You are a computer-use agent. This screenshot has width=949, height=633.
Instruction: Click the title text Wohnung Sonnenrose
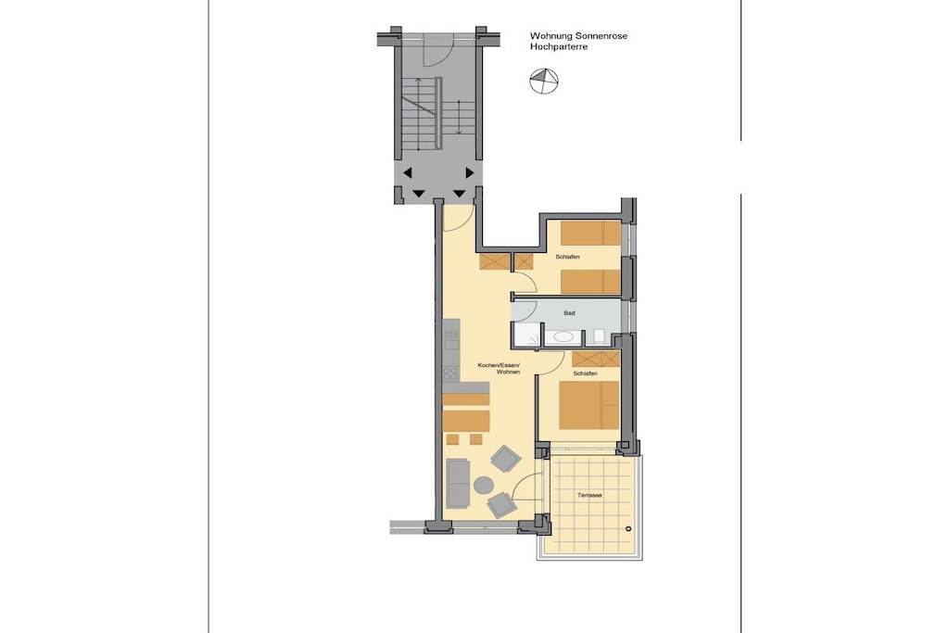tap(578, 36)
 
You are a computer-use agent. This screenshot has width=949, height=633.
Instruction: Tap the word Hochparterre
tap(559, 46)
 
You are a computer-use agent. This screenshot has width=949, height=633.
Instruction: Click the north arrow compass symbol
tap(543, 81)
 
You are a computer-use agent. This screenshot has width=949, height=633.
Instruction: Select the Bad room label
tap(569, 313)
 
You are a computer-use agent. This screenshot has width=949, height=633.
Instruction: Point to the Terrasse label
tap(589, 495)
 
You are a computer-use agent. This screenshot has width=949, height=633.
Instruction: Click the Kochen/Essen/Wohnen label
tap(499, 369)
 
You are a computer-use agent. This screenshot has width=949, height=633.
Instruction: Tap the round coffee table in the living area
tap(484, 485)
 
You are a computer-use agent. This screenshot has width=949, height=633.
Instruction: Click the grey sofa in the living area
tap(458, 484)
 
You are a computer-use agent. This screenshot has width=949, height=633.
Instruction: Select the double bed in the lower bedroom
tap(588, 405)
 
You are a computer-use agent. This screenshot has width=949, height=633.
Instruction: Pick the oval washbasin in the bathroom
tap(564, 336)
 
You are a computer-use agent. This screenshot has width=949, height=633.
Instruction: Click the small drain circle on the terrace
tap(628, 529)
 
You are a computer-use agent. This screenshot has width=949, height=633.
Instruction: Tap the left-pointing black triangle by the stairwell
tap(408, 173)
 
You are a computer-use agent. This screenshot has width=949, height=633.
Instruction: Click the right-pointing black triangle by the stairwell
tap(469, 173)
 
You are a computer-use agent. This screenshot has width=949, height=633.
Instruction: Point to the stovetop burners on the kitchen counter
tap(449, 373)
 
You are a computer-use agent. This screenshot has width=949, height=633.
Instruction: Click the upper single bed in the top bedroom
tap(590, 233)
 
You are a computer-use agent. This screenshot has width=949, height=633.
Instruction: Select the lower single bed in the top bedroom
tap(590, 282)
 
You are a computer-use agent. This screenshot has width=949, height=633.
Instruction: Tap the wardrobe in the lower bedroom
tap(596, 359)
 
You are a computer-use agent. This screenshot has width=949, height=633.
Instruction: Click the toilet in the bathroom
tap(598, 336)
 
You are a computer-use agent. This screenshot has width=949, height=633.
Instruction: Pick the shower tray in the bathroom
tap(526, 335)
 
